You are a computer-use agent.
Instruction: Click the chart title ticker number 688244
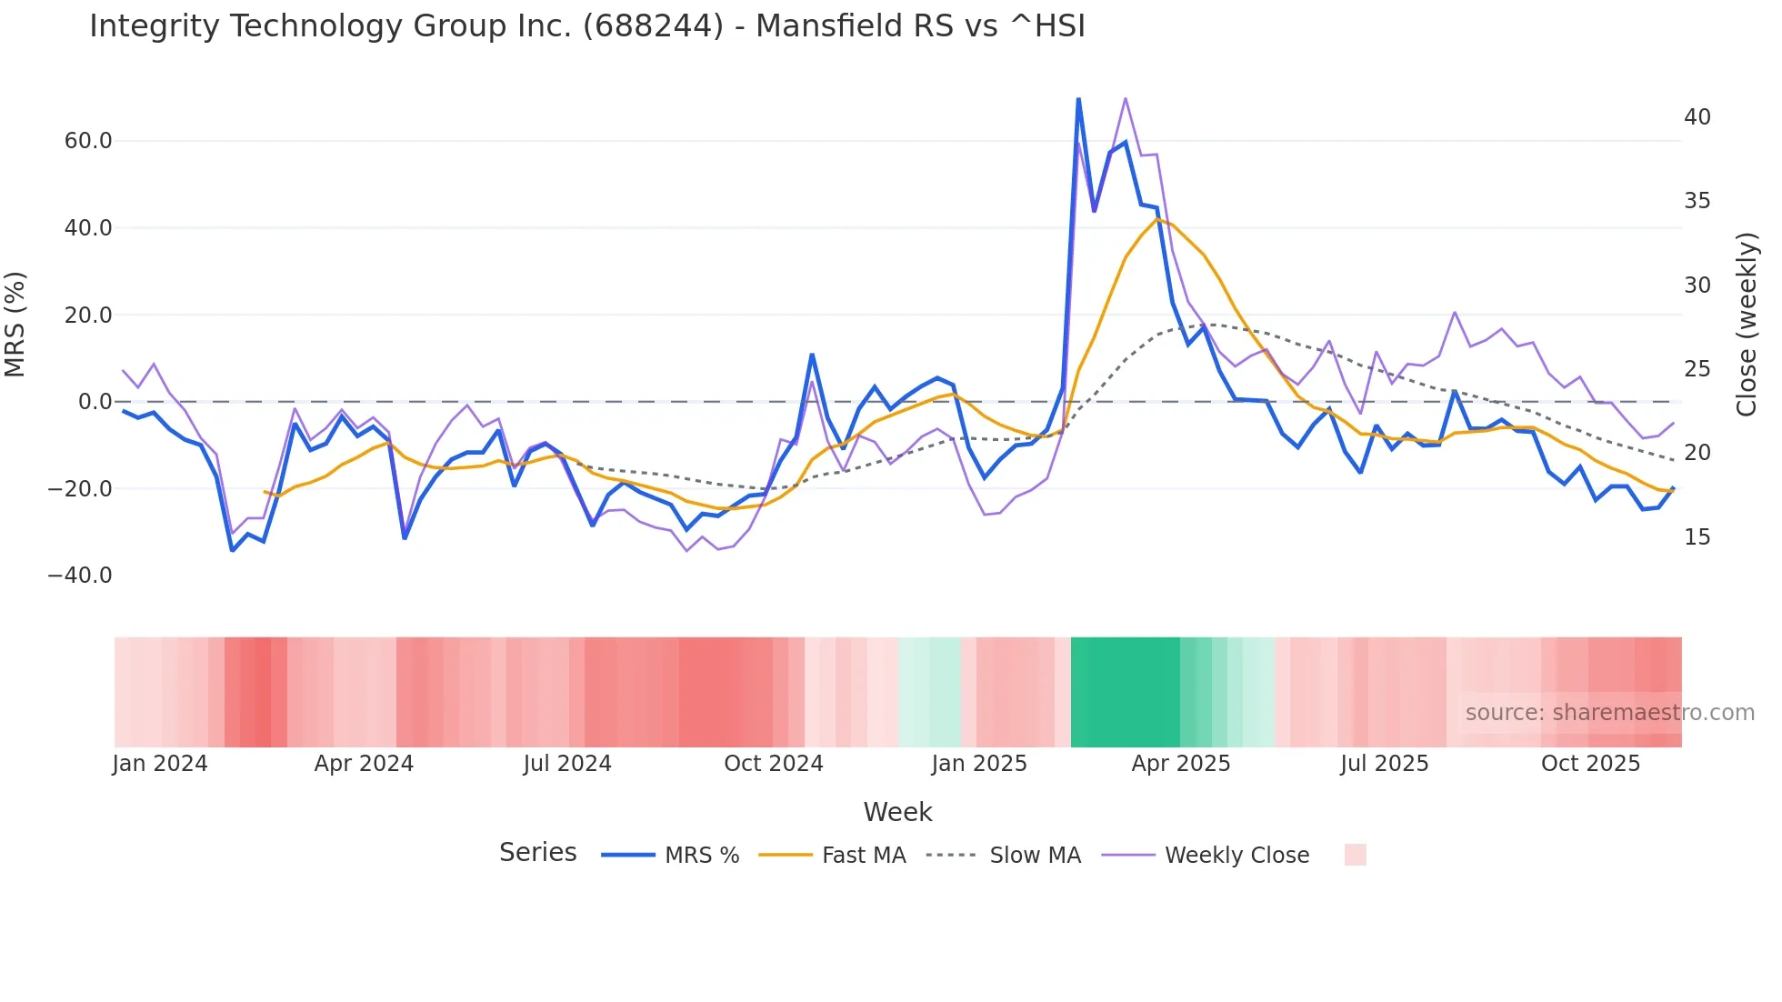point(653,25)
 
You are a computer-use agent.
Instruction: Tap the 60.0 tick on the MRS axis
point(88,141)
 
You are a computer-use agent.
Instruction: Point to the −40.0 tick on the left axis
point(80,576)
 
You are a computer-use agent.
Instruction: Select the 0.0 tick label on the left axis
point(95,402)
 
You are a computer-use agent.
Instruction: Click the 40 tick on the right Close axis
point(1697,117)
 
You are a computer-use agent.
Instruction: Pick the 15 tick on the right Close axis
point(1697,537)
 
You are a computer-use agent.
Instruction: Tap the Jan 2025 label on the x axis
point(979,764)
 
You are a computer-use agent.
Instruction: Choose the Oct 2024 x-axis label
point(773,764)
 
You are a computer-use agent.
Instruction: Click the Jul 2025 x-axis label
point(1384,764)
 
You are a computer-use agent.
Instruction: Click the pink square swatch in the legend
point(1355,855)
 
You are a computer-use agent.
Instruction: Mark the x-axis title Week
point(897,812)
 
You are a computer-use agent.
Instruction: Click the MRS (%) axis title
point(15,325)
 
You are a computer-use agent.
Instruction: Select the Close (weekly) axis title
point(1747,325)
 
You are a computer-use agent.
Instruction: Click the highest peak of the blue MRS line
point(1078,99)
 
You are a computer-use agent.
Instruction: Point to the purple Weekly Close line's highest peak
point(1126,98)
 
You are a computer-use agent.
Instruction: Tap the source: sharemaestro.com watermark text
point(1609,713)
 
